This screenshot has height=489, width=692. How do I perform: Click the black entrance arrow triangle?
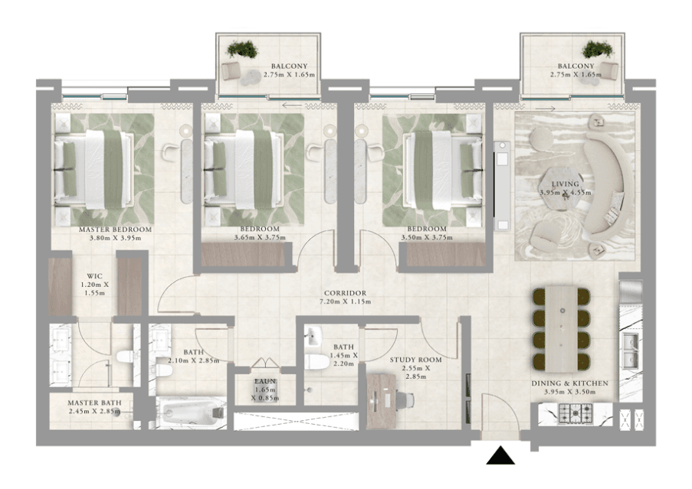click(x=502, y=456)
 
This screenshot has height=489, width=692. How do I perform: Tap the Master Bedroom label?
click(x=116, y=229)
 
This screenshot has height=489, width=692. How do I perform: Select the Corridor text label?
click(x=345, y=293)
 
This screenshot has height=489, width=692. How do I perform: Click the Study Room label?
click(x=416, y=359)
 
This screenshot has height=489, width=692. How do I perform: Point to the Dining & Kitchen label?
click(x=569, y=383)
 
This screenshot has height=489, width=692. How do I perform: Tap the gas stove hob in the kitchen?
click(x=575, y=414)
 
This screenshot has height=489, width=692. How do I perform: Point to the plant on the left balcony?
click(x=244, y=51)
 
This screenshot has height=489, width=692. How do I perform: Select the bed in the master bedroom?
click(x=93, y=168)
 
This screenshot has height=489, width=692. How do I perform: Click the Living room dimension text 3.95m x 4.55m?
click(x=564, y=193)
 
